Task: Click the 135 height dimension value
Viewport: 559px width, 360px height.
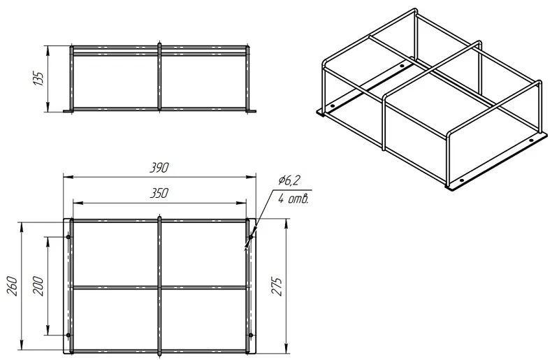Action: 38,78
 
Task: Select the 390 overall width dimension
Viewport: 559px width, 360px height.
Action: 159,168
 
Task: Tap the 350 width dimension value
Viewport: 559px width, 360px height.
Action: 159,194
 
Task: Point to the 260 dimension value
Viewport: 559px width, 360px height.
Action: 13,285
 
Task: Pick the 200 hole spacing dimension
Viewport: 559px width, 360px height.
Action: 38,286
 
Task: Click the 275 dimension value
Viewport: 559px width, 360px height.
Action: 277,286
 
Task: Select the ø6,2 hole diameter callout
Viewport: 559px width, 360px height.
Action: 289,181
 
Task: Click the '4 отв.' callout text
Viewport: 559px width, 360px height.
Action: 293,199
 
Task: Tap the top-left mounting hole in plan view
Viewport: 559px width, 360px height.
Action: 68,236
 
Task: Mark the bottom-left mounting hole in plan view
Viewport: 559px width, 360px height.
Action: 68,335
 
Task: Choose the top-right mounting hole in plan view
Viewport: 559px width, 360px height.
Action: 251,236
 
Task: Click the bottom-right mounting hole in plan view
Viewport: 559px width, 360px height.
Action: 251,335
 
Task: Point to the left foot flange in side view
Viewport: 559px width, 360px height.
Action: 67,111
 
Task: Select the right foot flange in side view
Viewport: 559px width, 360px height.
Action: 252,111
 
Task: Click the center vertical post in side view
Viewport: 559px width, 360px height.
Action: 159,77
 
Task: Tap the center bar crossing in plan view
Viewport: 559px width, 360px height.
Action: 159,287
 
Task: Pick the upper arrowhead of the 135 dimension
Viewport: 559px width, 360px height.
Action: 48,49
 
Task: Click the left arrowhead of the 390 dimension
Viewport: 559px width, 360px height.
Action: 67,177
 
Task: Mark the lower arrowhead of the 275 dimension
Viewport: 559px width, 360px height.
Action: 286,350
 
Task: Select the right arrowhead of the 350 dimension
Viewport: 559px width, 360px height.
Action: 242,203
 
